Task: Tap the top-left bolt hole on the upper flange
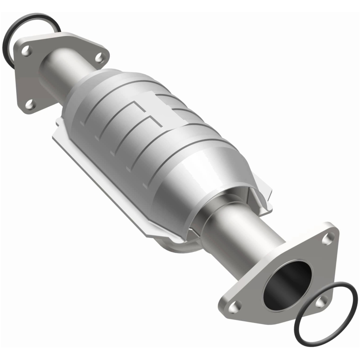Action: (27, 51)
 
